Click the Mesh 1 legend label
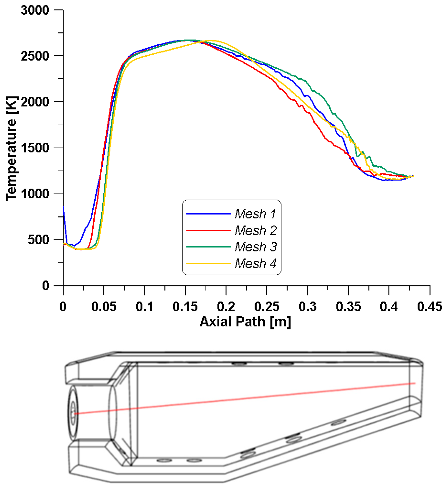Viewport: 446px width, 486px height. (x=255, y=214)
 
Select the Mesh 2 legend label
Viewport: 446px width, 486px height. (x=256, y=230)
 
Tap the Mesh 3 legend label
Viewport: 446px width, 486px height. (x=256, y=247)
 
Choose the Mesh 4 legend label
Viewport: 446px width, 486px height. (x=256, y=264)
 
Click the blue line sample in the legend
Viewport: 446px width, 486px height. (x=208, y=214)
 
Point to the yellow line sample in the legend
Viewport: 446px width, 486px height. (x=208, y=264)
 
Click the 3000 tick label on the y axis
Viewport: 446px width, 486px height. (x=35, y=10)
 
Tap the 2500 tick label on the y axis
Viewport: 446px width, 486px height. (x=35, y=56)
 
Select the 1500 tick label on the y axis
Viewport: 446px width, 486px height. (x=35, y=148)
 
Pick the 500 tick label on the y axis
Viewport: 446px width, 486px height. (x=38, y=240)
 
